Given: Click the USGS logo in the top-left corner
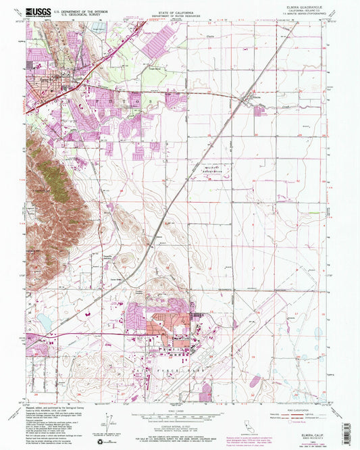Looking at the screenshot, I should tap(38, 11).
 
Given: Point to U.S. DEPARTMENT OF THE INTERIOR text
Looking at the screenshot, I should tap(84, 9).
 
